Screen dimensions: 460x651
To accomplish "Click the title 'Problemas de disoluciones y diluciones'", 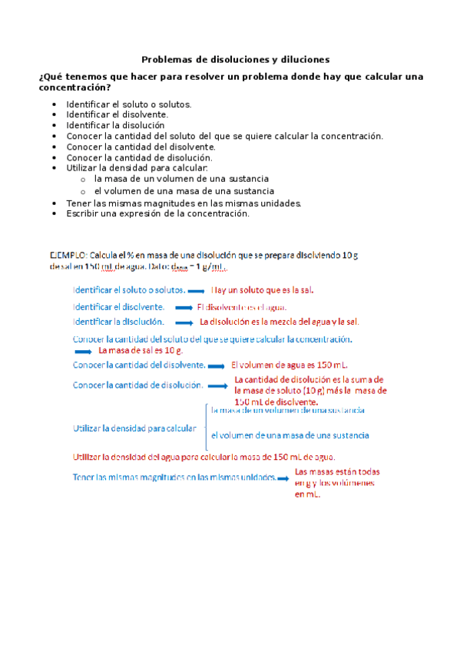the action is pos(236,58).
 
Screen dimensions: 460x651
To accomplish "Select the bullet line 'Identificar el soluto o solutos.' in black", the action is pos(129,104).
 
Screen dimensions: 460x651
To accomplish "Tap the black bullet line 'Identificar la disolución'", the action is pos(115,124).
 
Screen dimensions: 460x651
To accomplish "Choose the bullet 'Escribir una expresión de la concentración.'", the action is pos(158,213).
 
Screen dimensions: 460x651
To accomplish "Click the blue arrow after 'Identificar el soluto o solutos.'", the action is pos(197,291).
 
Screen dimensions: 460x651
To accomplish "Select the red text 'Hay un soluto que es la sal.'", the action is pos(263,290).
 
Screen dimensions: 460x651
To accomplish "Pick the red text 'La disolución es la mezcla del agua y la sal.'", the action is pos(280,322).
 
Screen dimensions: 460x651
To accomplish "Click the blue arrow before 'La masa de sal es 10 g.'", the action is pos(83,350).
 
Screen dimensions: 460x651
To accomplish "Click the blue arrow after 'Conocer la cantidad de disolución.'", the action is pos(219,385).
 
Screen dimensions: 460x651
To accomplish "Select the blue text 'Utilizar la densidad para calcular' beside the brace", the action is pos(134,428).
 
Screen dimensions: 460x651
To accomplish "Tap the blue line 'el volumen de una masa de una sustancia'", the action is pos(290,435).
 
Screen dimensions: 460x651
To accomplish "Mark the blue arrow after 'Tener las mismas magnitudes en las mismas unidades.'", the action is pos(283,478).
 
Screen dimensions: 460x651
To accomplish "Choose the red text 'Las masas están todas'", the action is pos(337,471).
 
